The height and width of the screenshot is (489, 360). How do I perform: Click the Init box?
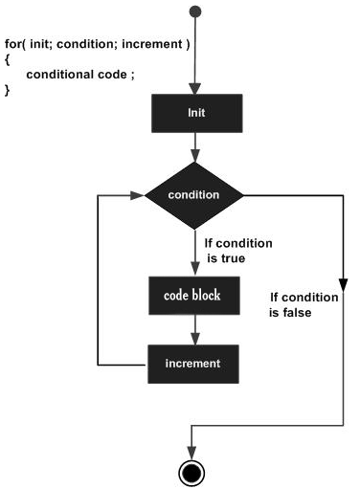(x=194, y=112)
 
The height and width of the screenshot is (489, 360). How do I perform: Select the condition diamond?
(x=194, y=195)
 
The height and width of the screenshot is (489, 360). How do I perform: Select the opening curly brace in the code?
(x=8, y=59)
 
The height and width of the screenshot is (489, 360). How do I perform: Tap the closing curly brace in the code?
(x=8, y=90)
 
